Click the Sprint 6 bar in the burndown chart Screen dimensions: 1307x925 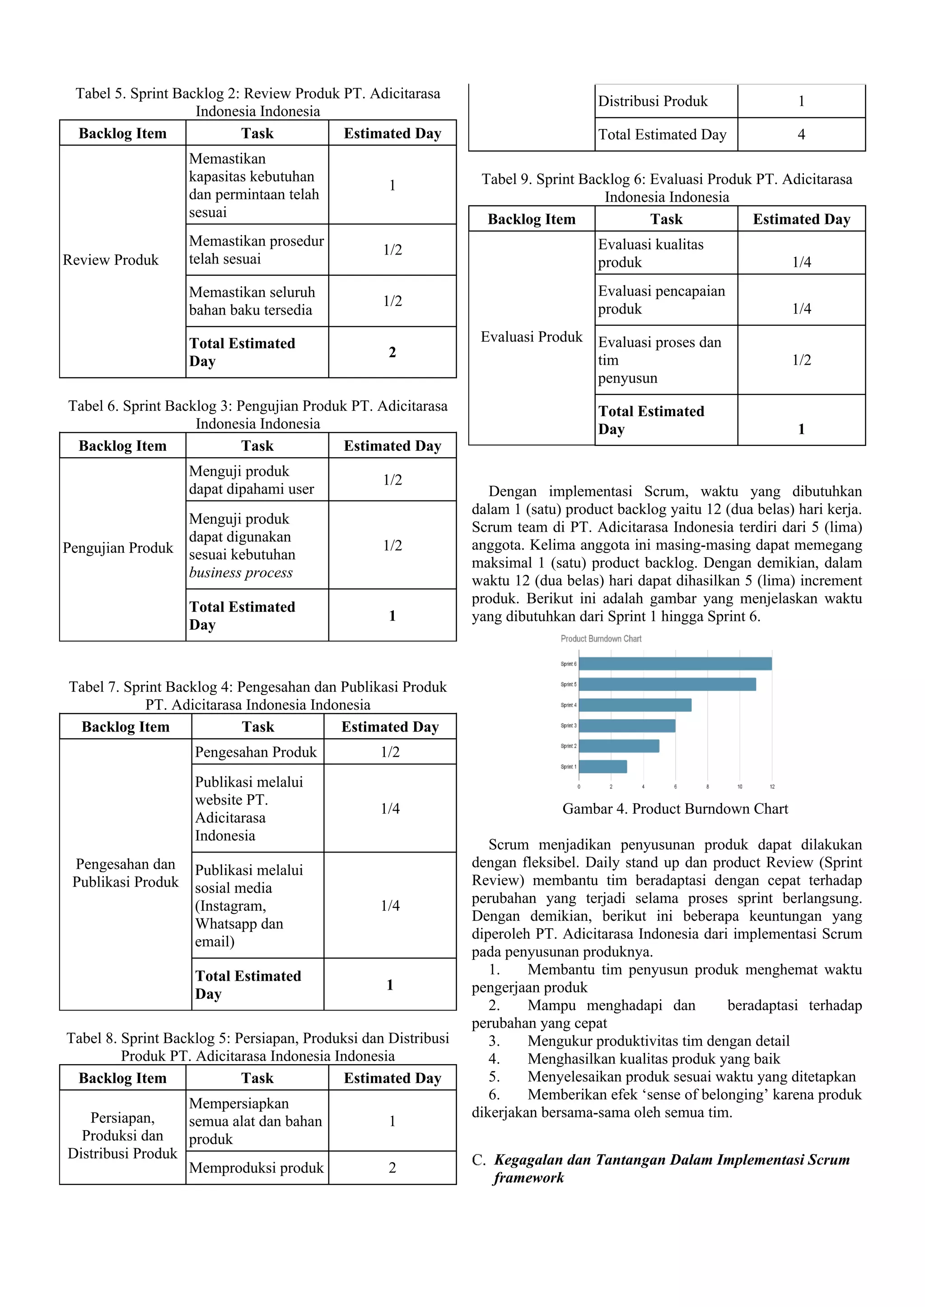675,664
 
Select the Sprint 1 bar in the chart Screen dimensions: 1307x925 603,767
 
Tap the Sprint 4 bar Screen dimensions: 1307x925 635,705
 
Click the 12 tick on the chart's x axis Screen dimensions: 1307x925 772,787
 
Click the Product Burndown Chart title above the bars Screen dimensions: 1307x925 601,639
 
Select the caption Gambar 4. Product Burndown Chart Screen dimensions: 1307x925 675,809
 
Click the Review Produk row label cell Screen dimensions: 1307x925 111,260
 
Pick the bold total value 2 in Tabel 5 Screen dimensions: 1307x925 392,352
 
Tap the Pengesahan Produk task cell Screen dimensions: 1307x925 256,752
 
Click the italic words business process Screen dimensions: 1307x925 241,573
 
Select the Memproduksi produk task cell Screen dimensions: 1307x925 256,1168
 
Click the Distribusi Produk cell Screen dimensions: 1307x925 653,102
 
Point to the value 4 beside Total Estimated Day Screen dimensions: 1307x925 801,134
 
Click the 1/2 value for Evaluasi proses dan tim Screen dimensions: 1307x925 801,360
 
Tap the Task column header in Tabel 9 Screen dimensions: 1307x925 666,219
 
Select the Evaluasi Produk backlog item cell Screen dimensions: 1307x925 532,337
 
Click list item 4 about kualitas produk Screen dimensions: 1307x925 653,1059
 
